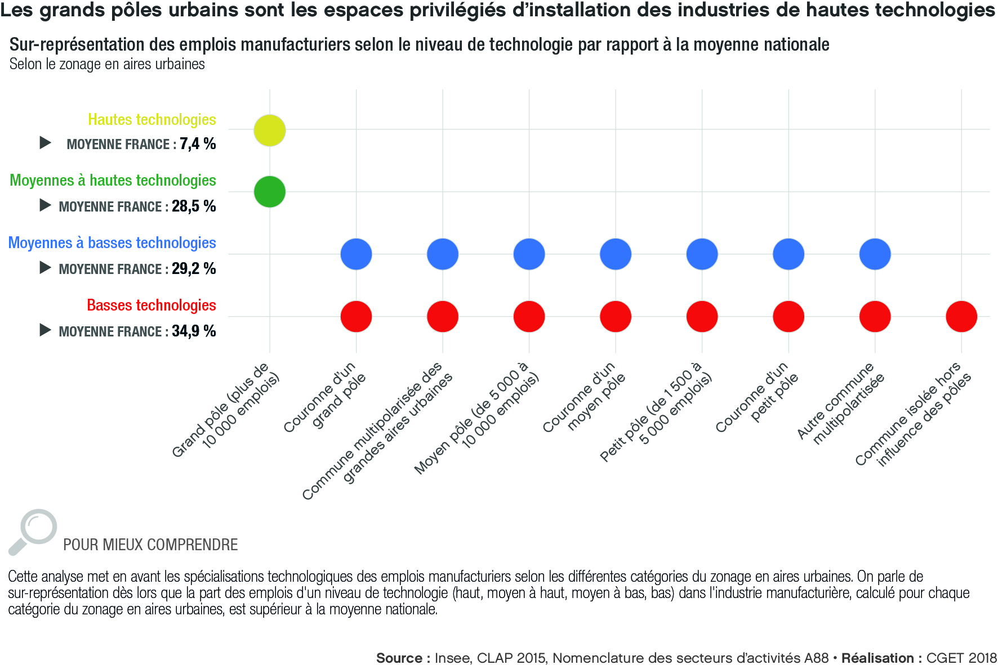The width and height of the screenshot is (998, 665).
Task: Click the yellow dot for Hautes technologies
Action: (270, 131)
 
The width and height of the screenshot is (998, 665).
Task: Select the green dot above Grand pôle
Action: (270, 192)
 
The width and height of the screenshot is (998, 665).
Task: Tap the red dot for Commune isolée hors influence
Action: (961, 316)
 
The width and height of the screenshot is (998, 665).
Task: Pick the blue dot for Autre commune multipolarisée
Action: (875, 254)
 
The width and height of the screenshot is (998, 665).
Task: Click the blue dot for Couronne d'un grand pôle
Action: (356, 254)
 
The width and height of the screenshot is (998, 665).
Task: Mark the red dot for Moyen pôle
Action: (529, 316)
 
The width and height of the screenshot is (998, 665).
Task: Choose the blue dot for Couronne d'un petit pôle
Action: (788, 254)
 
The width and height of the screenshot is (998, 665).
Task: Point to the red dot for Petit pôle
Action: (702, 316)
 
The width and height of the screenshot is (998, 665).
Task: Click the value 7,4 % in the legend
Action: (198, 144)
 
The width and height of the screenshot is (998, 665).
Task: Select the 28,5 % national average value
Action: (194, 206)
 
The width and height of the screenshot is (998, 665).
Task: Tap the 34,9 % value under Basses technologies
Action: (194, 331)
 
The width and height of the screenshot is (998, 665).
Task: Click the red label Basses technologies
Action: (152, 305)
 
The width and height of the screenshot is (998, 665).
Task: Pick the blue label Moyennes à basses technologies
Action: (112, 243)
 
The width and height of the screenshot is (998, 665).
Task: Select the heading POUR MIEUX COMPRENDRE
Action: (150, 545)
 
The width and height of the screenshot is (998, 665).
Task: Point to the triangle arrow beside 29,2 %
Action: (45, 268)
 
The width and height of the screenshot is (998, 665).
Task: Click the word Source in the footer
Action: (399, 658)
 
